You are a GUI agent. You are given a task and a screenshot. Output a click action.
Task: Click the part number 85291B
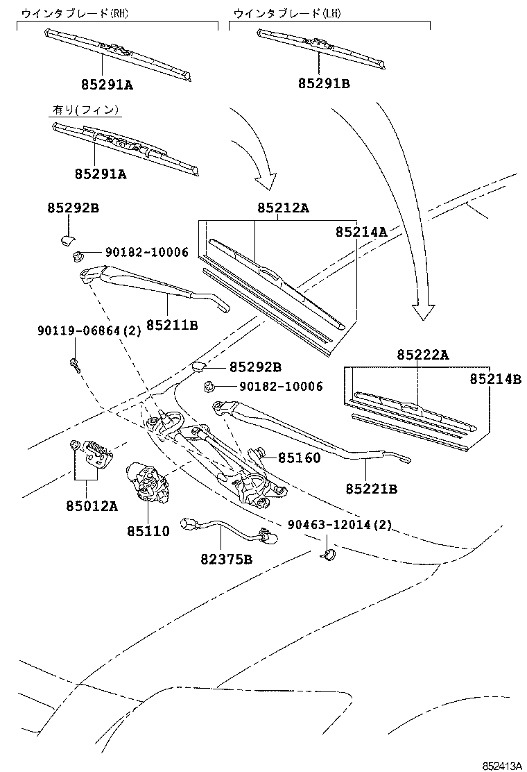pyautogui.click(x=324, y=84)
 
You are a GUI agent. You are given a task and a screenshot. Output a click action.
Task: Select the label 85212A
pyautogui.click(x=283, y=208)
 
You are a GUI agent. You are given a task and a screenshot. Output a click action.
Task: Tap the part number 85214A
pyautogui.click(x=361, y=232)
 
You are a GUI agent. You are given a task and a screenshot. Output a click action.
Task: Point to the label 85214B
pyautogui.click(x=494, y=379)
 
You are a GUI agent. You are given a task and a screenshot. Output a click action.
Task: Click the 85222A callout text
pyautogui.click(x=422, y=355)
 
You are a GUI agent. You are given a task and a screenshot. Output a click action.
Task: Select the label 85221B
pyautogui.click(x=371, y=489)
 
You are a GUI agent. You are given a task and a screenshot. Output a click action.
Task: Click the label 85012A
pyautogui.click(x=92, y=505)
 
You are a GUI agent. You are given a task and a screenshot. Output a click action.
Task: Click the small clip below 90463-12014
pyautogui.click(x=329, y=553)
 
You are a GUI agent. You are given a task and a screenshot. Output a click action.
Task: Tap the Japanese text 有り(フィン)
pyautogui.click(x=86, y=110)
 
